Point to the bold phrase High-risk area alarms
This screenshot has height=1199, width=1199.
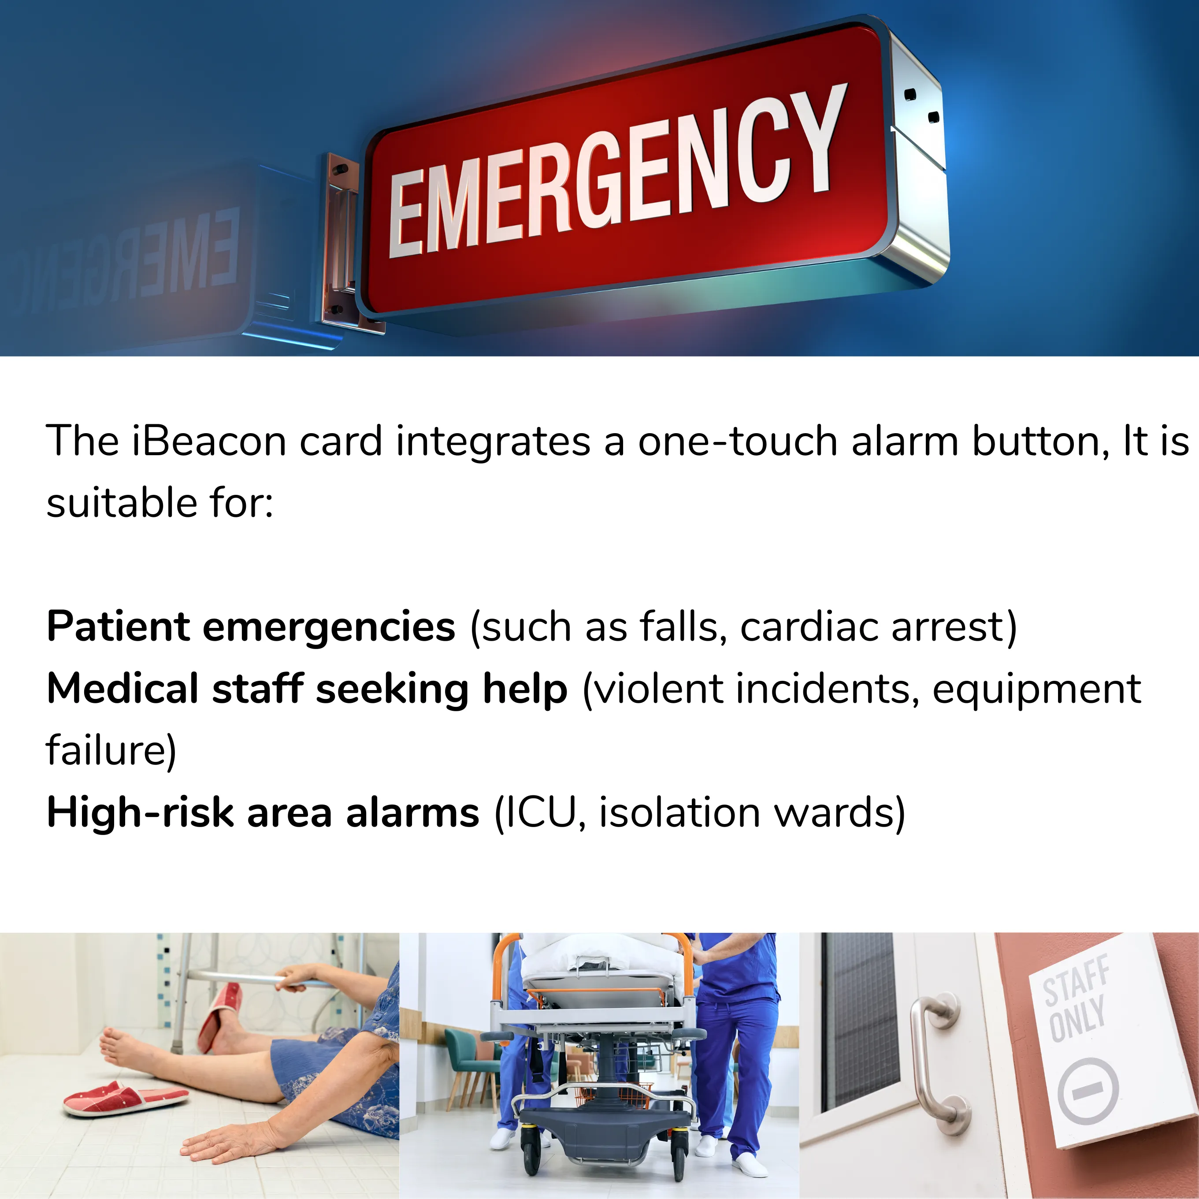point(263,813)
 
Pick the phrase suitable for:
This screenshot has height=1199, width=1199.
point(160,503)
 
